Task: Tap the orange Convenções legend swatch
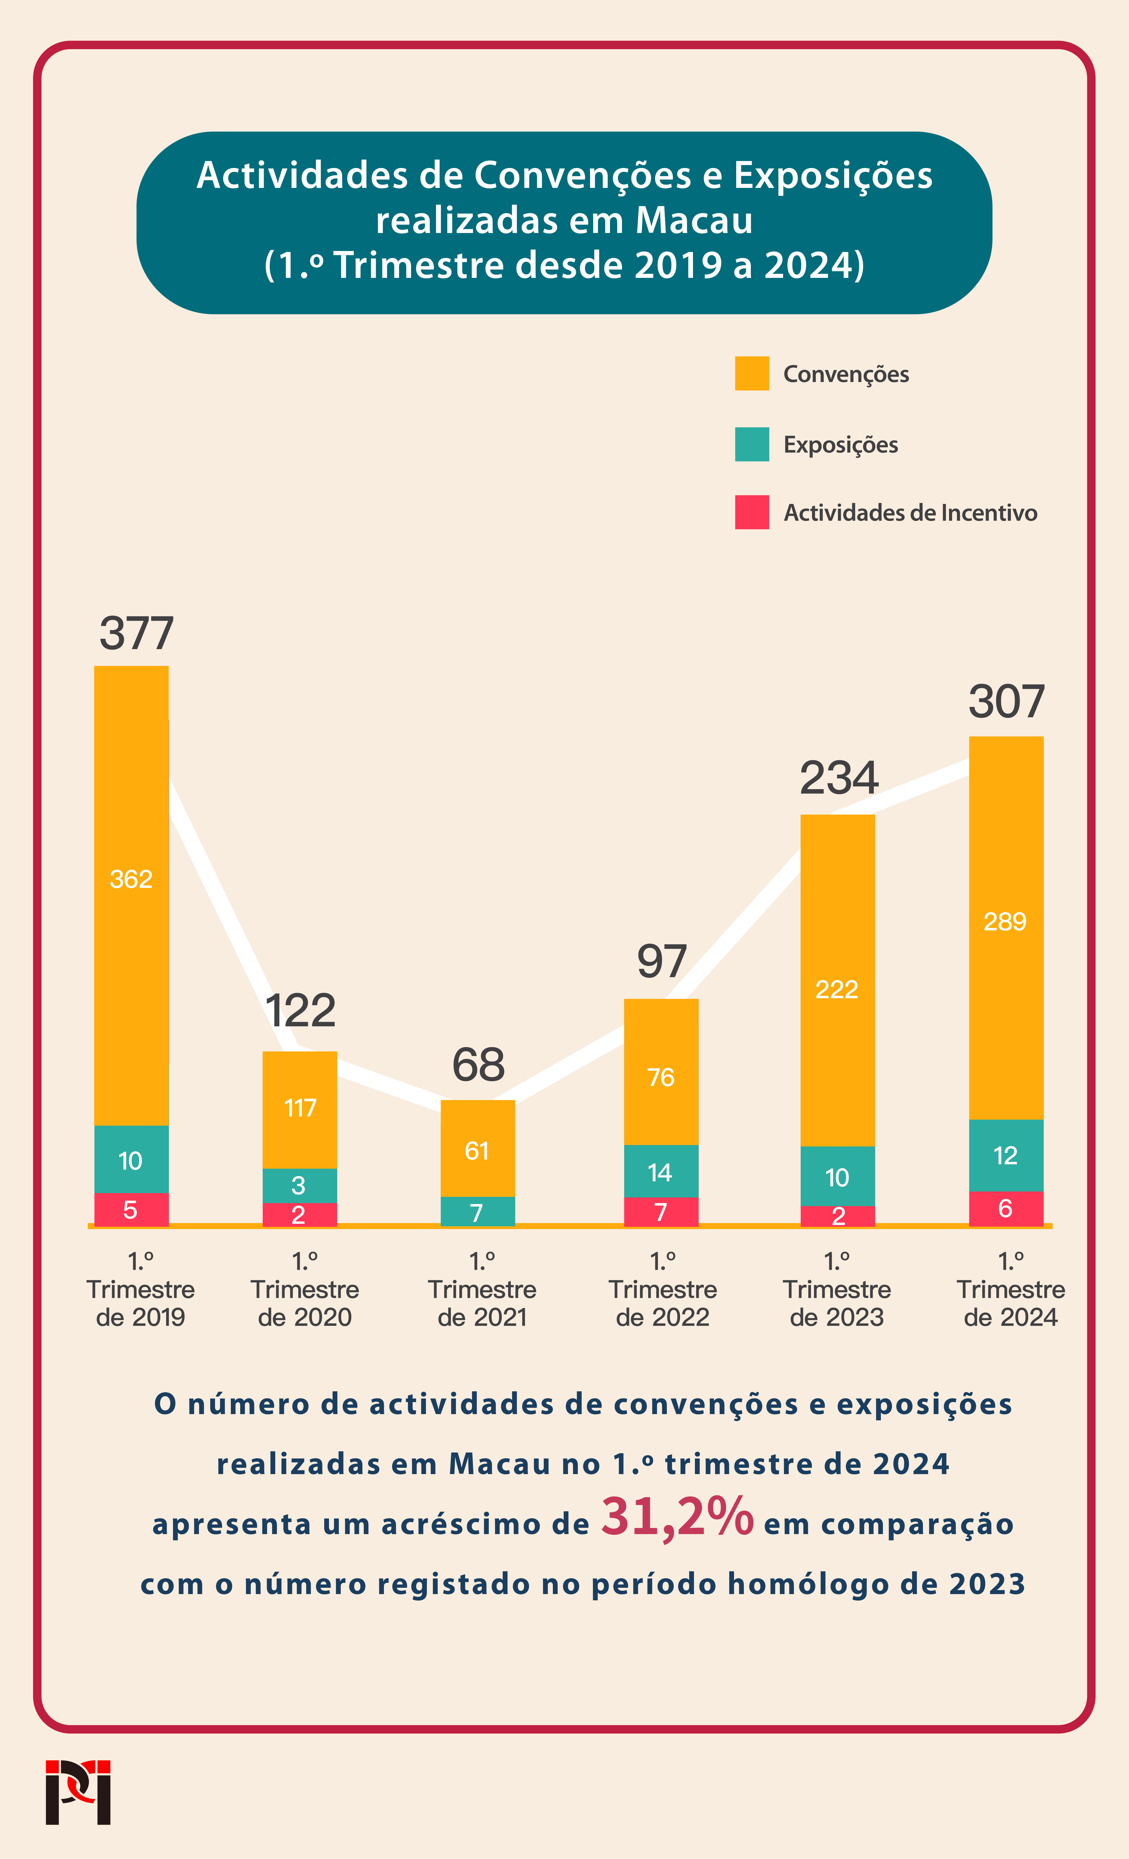click(x=752, y=373)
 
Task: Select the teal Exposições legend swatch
click(x=752, y=444)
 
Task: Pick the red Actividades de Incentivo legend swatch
click(x=752, y=512)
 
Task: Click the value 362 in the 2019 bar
click(x=131, y=879)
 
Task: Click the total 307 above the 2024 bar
click(x=1007, y=702)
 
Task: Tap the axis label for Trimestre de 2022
click(x=663, y=1289)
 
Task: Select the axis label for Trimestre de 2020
click(x=305, y=1289)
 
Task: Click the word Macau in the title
click(x=694, y=220)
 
